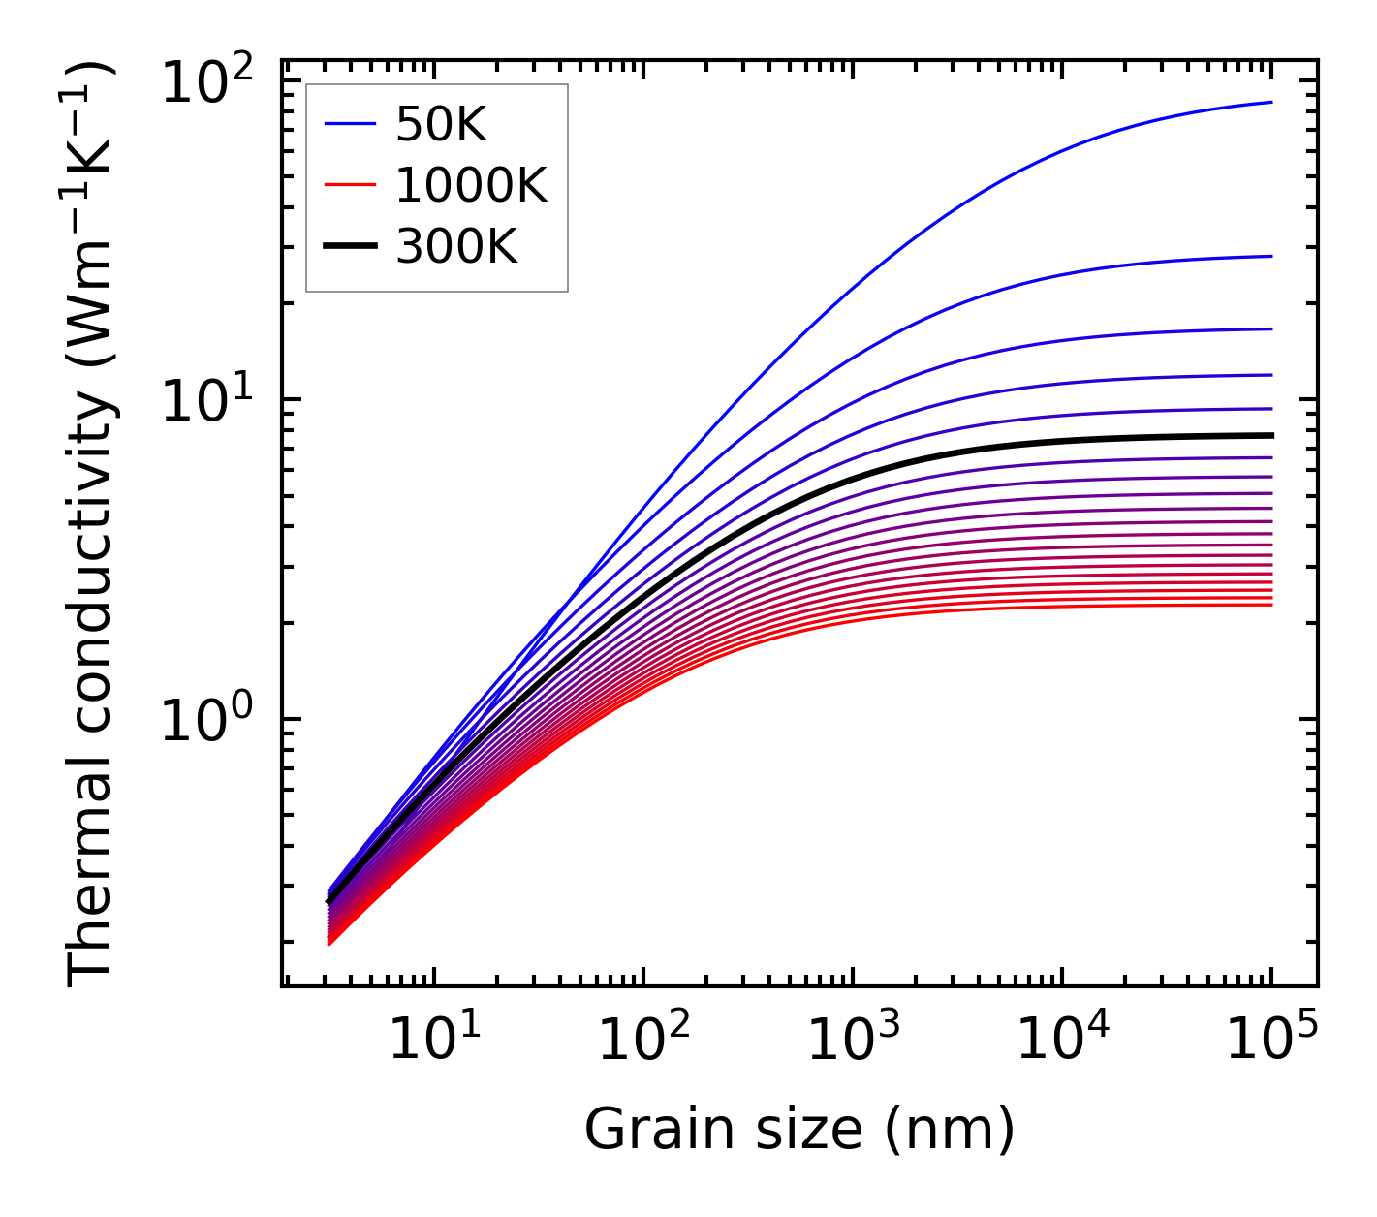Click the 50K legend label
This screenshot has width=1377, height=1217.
click(x=441, y=124)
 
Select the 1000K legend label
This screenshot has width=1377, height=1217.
click(x=471, y=185)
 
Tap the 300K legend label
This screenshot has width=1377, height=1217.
click(x=456, y=247)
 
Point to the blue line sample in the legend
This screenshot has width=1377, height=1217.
click(x=349, y=124)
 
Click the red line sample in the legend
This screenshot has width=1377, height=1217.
click(x=349, y=185)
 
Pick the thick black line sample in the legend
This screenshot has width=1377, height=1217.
click(x=349, y=247)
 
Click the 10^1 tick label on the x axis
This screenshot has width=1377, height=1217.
click(x=434, y=1042)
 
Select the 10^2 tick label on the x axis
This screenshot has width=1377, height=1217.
click(x=643, y=1042)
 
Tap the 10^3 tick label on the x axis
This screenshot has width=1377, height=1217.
click(x=853, y=1042)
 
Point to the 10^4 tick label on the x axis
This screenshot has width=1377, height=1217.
click(x=1063, y=1042)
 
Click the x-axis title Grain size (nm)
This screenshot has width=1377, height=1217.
click(x=799, y=1130)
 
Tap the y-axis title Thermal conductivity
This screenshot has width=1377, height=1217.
click(x=92, y=523)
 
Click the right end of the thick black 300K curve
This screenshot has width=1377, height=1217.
click(x=1270, y=435)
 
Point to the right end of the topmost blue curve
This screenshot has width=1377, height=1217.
click(x=1270, y=102)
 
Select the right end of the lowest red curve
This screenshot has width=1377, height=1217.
click(x=1270, y=605)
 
